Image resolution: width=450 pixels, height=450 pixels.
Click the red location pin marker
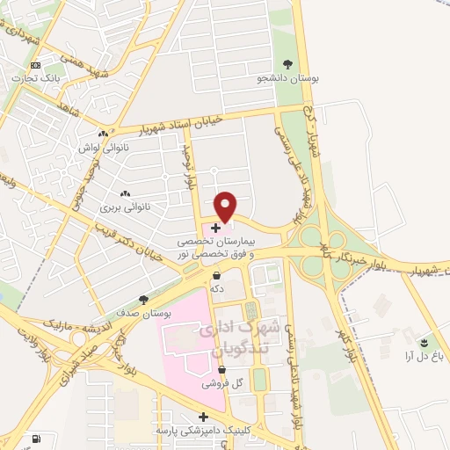pos(226,206)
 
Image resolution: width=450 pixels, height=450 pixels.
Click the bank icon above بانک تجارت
pos(35,65)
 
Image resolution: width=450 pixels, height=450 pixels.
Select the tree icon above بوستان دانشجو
pos(288,63)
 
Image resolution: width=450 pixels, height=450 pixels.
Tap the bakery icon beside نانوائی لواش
pos(104,134)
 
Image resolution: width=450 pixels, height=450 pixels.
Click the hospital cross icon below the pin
pos(216,227)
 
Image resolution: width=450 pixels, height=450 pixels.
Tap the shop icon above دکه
pos(217,275)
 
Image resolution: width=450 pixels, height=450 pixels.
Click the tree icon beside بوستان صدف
pos(144,299)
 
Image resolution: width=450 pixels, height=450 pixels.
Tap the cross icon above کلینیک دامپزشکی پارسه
pos(204,417)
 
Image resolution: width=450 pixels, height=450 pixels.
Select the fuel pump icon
pos(35,439)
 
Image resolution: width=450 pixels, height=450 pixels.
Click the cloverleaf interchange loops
pos(323,250)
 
